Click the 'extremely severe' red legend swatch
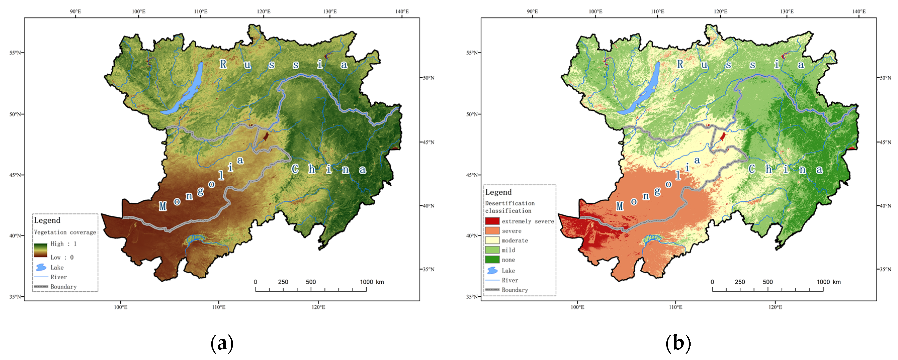[x=492, y=221]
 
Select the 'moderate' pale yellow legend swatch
[x=492, y=240]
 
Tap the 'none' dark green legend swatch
[x=492, y=260]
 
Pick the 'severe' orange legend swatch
[x=492, y=231]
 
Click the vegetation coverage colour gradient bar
[x=40, y=250]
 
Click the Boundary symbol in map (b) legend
[x=492, y=290]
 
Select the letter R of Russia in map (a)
[x=223, y=64]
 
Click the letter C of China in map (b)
[x=752, y=169]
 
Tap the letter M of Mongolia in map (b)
[x=619, y=206]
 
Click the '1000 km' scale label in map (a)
[x=372, y=282]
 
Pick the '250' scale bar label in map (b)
[x=740, y=282]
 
